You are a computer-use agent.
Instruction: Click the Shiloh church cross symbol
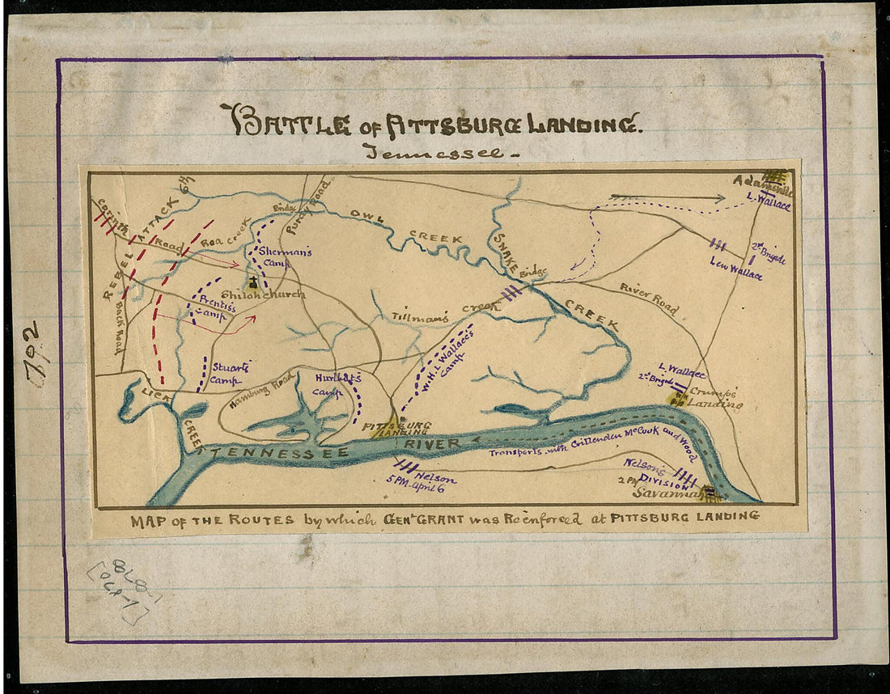[x=253, y=282]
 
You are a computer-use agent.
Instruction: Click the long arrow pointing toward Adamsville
[x=667, y=197]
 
